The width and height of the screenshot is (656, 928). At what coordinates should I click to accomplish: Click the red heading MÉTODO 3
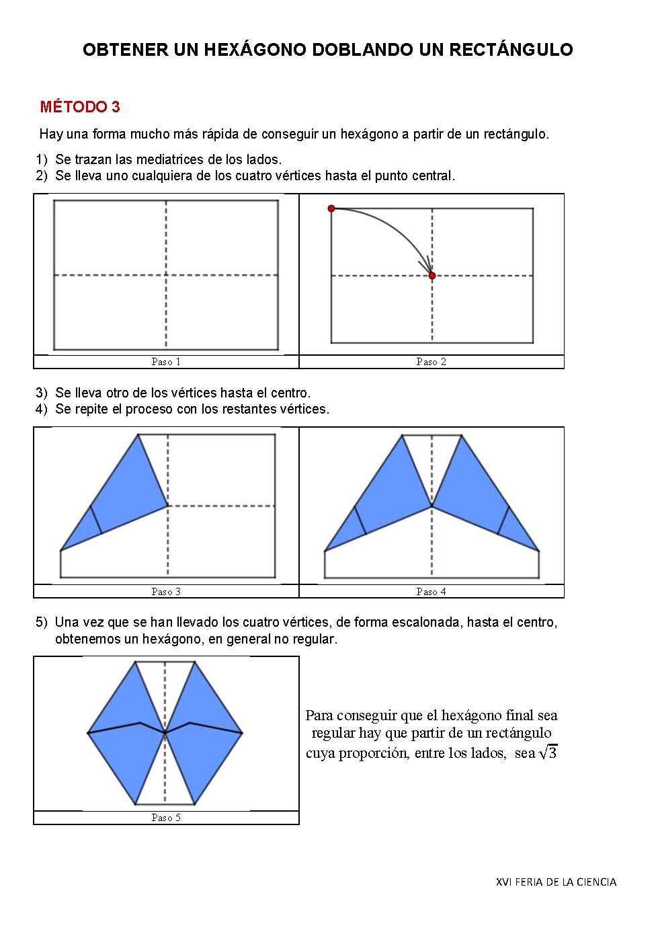pos(80,107)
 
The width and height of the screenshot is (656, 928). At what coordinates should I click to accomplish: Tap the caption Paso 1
pos(166,362)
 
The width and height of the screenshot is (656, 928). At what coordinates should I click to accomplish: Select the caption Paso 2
pos(432,362)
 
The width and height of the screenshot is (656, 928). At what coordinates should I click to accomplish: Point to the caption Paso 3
pos(166,592)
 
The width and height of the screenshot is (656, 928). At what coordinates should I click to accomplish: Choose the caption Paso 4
pos(432,592)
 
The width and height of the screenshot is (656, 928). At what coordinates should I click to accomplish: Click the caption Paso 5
pos(166,818)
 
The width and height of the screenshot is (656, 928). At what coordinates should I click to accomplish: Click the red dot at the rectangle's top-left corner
pos(331,208)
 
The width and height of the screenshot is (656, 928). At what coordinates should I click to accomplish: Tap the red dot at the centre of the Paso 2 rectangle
pos(432,276)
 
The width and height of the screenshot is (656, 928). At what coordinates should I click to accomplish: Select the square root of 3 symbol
pos(548,752)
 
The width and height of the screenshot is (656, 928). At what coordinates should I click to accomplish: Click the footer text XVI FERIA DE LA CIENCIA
pos(556,882)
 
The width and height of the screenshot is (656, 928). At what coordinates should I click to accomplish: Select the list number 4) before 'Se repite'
pos(42,409)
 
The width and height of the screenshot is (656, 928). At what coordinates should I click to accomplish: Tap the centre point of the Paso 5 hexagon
pos(165,732)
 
